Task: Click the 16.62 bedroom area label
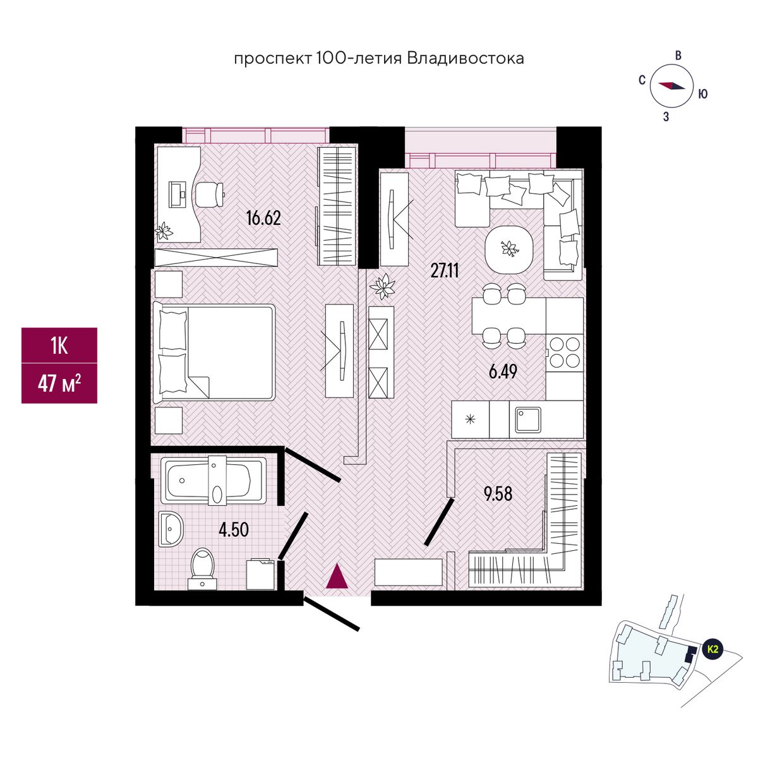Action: tap(263, 219)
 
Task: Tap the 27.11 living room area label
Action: tap(445, 271)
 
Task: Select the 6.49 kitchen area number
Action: tap(503, 371)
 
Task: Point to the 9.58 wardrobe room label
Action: tap(498, 493)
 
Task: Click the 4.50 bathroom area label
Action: tap(234, 529)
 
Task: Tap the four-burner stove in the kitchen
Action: tap(563, 352)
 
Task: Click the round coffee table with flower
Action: tap(509, 249)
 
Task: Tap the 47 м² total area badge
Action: tap(59, 383)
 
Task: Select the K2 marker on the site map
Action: tap(713, 649)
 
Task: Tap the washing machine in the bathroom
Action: tap(261, 573)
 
